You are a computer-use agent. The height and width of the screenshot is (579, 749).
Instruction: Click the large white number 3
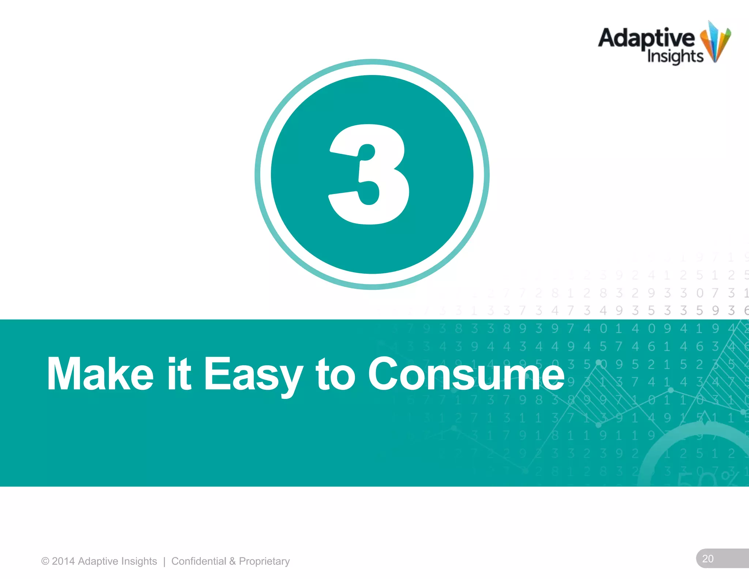(369, 174)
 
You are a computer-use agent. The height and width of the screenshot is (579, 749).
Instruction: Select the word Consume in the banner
(466, 374)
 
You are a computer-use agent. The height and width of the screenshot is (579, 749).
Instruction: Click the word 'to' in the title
(335, 374)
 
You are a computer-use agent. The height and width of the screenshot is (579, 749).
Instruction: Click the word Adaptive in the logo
(646, 38)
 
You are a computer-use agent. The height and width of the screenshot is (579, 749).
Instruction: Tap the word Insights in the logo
(675, 57)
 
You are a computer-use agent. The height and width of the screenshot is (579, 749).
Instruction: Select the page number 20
(708, 559)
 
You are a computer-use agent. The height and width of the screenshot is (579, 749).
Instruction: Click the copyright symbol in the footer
(45, 561)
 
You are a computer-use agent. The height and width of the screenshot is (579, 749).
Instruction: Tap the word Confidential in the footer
(199, 561)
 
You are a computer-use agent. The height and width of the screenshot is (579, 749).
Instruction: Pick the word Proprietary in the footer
(264, 561)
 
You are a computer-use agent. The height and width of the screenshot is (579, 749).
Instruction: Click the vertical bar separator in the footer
(164, 561)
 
